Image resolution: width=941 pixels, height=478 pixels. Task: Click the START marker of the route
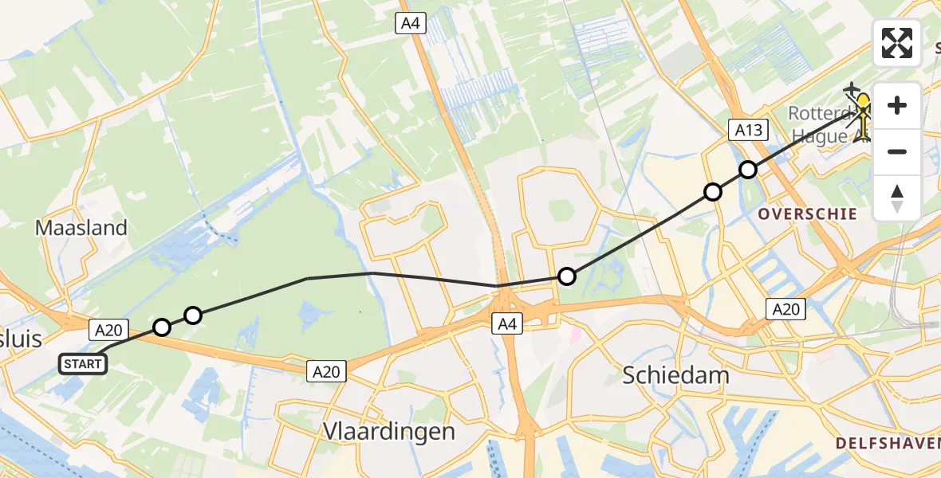tap(82, 365)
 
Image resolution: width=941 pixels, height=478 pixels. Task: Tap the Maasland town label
tap(81, 228)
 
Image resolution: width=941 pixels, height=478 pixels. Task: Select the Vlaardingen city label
tap(389, 432)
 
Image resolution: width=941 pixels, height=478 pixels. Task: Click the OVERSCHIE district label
tap(807, 214)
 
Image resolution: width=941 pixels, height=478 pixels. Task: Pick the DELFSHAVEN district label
tap(888, 442)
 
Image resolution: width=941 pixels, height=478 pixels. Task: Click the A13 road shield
tap(749, 131)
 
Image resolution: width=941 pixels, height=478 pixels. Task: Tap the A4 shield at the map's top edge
tap(411, 24)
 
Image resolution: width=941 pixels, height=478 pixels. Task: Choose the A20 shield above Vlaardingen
tap(327, 370)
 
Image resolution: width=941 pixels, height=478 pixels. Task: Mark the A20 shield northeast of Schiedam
tap(785, 309)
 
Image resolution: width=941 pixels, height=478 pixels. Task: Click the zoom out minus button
tap(897, 151)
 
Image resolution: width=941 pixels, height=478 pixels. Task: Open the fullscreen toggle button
tap(897, 43)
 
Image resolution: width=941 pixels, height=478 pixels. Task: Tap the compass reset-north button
tap(897, 198)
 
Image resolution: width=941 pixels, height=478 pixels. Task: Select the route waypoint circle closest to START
tap(162, 327)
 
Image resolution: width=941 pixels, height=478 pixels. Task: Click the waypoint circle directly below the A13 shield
tap(747, 170)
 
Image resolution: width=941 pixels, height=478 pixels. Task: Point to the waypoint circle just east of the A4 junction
tap(566, 276)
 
